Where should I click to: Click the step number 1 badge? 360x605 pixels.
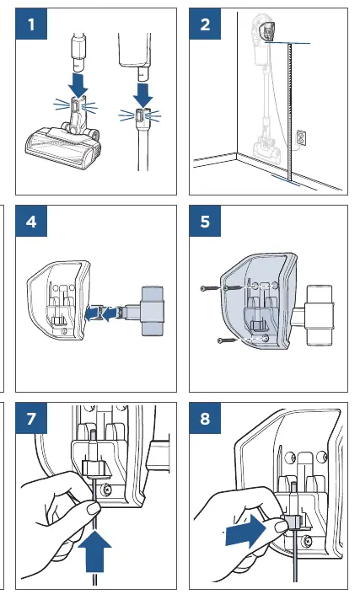coord(31,24)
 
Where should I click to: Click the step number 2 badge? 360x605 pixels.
coord(205,24)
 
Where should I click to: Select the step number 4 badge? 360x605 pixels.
coord(31,221)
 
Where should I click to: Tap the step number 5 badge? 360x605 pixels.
coord(205,221)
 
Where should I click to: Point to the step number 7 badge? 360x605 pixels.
coord(31,418)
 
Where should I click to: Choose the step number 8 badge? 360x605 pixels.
coord(205,418)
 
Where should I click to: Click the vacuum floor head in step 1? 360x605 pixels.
coord(62,146)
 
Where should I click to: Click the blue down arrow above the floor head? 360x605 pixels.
coord(79,85)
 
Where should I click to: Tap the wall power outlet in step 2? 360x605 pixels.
coord(301,138)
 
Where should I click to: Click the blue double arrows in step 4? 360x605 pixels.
coord(101,313)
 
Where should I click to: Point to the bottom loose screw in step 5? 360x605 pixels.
coord(228,340)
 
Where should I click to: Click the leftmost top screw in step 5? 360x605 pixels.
coord(211,288)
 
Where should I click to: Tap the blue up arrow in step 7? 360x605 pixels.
coord(94,551)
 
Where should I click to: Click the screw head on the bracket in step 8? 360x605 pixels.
coord(307,541)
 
